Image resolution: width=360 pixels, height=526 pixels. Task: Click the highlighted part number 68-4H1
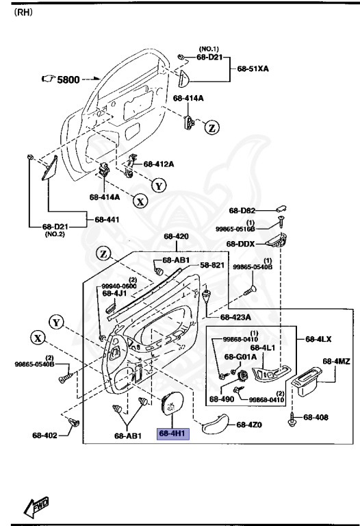tap(172, 434)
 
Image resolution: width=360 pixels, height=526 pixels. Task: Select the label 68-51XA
tap(253, 69)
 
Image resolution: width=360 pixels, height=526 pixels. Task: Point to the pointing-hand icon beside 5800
tap(47, 80)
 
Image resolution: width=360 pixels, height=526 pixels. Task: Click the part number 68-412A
tap(158, 164)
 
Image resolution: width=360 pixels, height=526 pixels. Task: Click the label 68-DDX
tap(241, 244)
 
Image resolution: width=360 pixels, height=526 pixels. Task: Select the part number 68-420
tap(176, 237)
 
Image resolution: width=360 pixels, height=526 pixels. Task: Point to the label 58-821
tap(193, 265)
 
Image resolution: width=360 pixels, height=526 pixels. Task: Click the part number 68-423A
tap(235, 317)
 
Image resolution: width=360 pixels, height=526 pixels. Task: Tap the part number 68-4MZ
tap(336, 361)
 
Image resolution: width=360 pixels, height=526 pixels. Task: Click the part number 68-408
tap(316, 416)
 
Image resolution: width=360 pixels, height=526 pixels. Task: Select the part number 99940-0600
tap(120, 286)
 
